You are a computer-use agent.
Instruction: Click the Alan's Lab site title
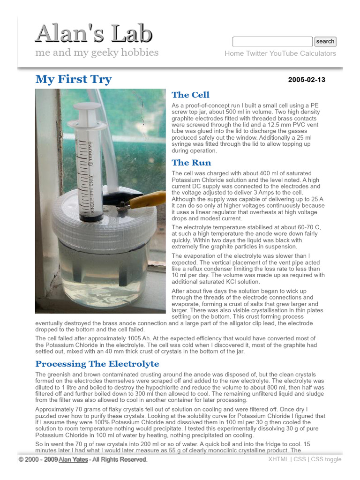click(x=94, y=34)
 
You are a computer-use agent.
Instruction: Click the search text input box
click(x=272, y=41)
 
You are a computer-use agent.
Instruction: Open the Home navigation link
click(x=234, y=53)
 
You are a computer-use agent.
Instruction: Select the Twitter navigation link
click(x=256, y=53)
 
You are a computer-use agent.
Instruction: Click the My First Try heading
click(x=74, y=79)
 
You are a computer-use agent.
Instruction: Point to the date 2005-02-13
click(x=307, y=80)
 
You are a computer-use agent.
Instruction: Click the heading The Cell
click(x=190, y=95)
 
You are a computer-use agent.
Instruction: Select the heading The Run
click(x=191, y=163)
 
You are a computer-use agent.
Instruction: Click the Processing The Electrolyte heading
click(x=97, y=364)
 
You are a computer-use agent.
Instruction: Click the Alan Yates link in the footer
click(x=73, y=459)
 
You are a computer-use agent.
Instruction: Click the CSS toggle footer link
click(x=326, y=459)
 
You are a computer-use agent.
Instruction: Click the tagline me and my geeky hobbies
click(x=97, y=52)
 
